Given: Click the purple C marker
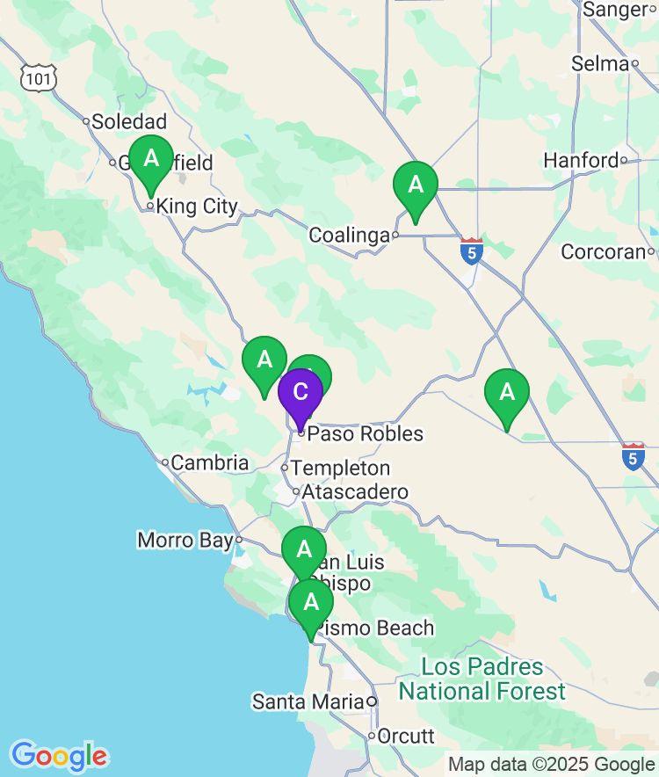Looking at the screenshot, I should point(300,392).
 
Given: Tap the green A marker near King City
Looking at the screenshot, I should point(151,160).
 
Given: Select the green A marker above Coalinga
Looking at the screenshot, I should point(415,186).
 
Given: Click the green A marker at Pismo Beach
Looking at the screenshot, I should point(310,603).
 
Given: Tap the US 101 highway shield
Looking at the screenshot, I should point(40,78).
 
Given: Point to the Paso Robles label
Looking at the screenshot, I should point(365,434).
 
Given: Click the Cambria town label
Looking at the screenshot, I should point(209,462).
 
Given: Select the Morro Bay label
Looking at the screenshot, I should point(185,540).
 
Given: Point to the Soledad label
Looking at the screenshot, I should point(129,121).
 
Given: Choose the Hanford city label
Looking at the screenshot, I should point(582,161).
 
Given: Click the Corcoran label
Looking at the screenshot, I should point(604,251).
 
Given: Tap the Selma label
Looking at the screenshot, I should point(600,63).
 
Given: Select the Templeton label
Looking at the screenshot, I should point(340,468).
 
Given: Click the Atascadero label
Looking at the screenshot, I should point(355,492).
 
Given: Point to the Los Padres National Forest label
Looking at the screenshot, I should point(482,679).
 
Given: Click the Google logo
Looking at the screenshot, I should point(59,756).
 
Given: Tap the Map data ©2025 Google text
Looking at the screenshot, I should point(552,765).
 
